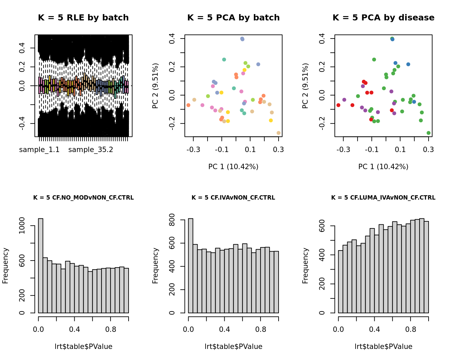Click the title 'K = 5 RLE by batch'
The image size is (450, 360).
pos(83,18)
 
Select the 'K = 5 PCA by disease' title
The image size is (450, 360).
pos(383,18)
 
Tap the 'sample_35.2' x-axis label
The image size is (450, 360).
pos(91,150)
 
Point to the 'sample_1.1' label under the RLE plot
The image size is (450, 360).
pos(39,150)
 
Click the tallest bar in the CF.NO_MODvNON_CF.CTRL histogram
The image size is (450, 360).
pos(41,266)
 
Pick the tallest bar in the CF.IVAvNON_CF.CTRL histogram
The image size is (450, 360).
pos(191,266)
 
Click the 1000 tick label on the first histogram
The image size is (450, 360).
pos(22,226)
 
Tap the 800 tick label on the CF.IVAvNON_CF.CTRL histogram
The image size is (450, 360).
pos(172,220)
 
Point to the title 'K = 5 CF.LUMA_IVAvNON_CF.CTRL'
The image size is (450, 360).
pos(383,198)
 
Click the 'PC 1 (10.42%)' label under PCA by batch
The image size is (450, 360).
pos(233,167)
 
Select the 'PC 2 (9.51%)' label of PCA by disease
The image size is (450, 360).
pos(305,86)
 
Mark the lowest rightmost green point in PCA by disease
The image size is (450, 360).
pos(429,133)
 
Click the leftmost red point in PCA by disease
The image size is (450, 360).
pos(339,105)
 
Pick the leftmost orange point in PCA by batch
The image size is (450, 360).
pos(189,105)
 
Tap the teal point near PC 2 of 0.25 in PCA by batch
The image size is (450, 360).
pos(224,60)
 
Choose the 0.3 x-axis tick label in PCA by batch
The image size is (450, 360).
pos(279,150)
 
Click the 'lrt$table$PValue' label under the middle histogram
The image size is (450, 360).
pos(233,347)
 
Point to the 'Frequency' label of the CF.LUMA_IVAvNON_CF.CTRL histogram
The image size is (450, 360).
pos(305,266)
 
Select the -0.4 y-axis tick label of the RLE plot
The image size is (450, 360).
pos(22,124)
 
